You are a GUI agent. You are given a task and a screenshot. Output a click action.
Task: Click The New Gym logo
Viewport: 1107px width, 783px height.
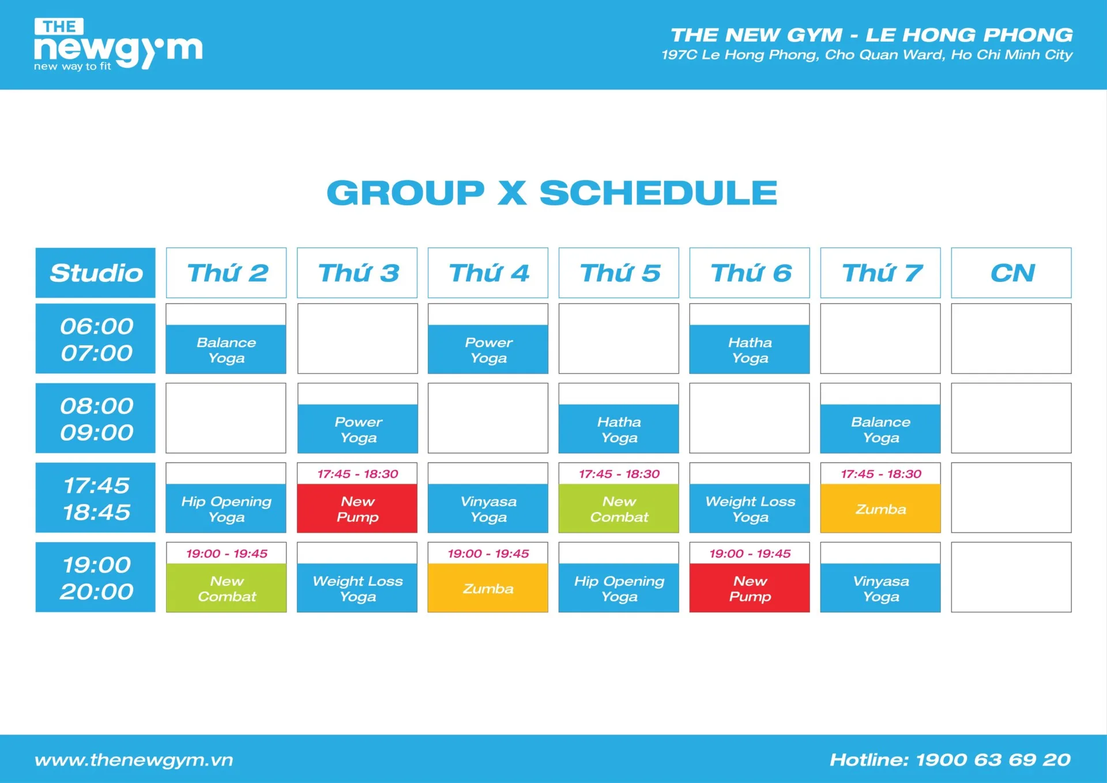(118, 44)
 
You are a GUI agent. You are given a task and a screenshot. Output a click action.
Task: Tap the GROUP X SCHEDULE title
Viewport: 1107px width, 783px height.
(552, 193)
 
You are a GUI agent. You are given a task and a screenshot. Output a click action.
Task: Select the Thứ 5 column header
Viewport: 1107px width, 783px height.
(619, 273)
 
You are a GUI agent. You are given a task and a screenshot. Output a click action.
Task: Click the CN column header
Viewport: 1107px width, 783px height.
(1011, 273)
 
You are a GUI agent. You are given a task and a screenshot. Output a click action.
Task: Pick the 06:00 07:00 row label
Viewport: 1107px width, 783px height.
(96, 338)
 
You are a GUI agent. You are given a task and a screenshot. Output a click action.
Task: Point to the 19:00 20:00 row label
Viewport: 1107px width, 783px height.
(96, 577)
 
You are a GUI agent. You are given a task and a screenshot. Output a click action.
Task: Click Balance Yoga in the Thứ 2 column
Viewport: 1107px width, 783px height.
(226, 349)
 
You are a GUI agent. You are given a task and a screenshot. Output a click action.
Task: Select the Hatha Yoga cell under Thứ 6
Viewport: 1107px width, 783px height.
(750, 349)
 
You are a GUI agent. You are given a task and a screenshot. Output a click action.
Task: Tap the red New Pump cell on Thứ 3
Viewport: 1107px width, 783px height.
(357, 509)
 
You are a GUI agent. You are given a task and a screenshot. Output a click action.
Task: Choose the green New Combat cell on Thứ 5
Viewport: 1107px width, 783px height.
(619, 509)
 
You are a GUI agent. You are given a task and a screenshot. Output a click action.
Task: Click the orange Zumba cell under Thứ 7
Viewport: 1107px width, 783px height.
(880, 509)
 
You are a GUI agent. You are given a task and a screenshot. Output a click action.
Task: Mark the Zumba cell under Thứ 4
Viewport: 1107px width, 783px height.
(488, 588)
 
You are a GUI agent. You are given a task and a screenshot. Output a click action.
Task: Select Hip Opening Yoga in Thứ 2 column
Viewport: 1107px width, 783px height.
(226, 509)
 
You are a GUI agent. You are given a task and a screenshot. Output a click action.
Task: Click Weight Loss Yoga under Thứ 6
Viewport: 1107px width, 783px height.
(750, 509)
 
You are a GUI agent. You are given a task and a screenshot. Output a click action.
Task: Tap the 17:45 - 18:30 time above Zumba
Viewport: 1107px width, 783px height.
(881, 474)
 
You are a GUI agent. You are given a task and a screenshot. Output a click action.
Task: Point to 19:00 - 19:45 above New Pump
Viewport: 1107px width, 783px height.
(750, 554)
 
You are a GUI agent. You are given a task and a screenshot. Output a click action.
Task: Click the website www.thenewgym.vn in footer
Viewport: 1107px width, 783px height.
(134, 761)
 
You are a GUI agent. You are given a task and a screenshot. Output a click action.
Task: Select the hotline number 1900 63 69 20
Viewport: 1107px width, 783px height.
(993, 759)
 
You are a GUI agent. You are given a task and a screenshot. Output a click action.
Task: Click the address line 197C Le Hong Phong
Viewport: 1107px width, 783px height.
(867, 55)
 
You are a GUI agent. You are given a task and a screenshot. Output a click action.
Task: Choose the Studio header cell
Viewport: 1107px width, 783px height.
(96, 273)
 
